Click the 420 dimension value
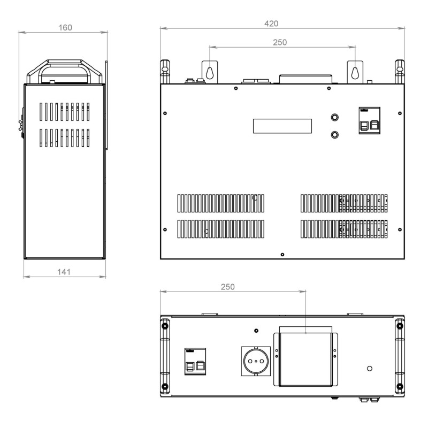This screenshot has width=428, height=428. coord(271,24)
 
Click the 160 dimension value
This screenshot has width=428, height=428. coord(65,28)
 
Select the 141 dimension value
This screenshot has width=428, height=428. coord(64,272)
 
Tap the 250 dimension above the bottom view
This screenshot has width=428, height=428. coord(228,287)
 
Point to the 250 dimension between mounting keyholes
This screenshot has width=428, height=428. coord(280,42)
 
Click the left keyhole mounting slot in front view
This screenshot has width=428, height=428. coord(210,73)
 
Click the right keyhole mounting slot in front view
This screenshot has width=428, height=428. coord(355,73)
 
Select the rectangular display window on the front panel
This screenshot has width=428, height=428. coord(282,126)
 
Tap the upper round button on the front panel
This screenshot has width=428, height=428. coord(335,117)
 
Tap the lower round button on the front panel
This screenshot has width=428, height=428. coord(335,135)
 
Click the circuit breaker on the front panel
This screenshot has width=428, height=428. coord(369,121)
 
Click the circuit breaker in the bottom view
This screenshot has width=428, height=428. coord(195,362)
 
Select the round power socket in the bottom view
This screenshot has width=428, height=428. coord(256,361)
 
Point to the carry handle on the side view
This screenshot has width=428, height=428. coord(65,72)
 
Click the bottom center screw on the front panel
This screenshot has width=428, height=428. coord(282,255)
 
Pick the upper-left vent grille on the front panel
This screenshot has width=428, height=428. coord(221,203)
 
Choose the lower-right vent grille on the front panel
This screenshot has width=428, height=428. coord(344,229)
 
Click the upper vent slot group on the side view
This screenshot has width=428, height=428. coord(64,112)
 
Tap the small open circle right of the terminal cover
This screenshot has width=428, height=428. coord(370,369)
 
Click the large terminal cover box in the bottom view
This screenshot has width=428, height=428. coord(305,360)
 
